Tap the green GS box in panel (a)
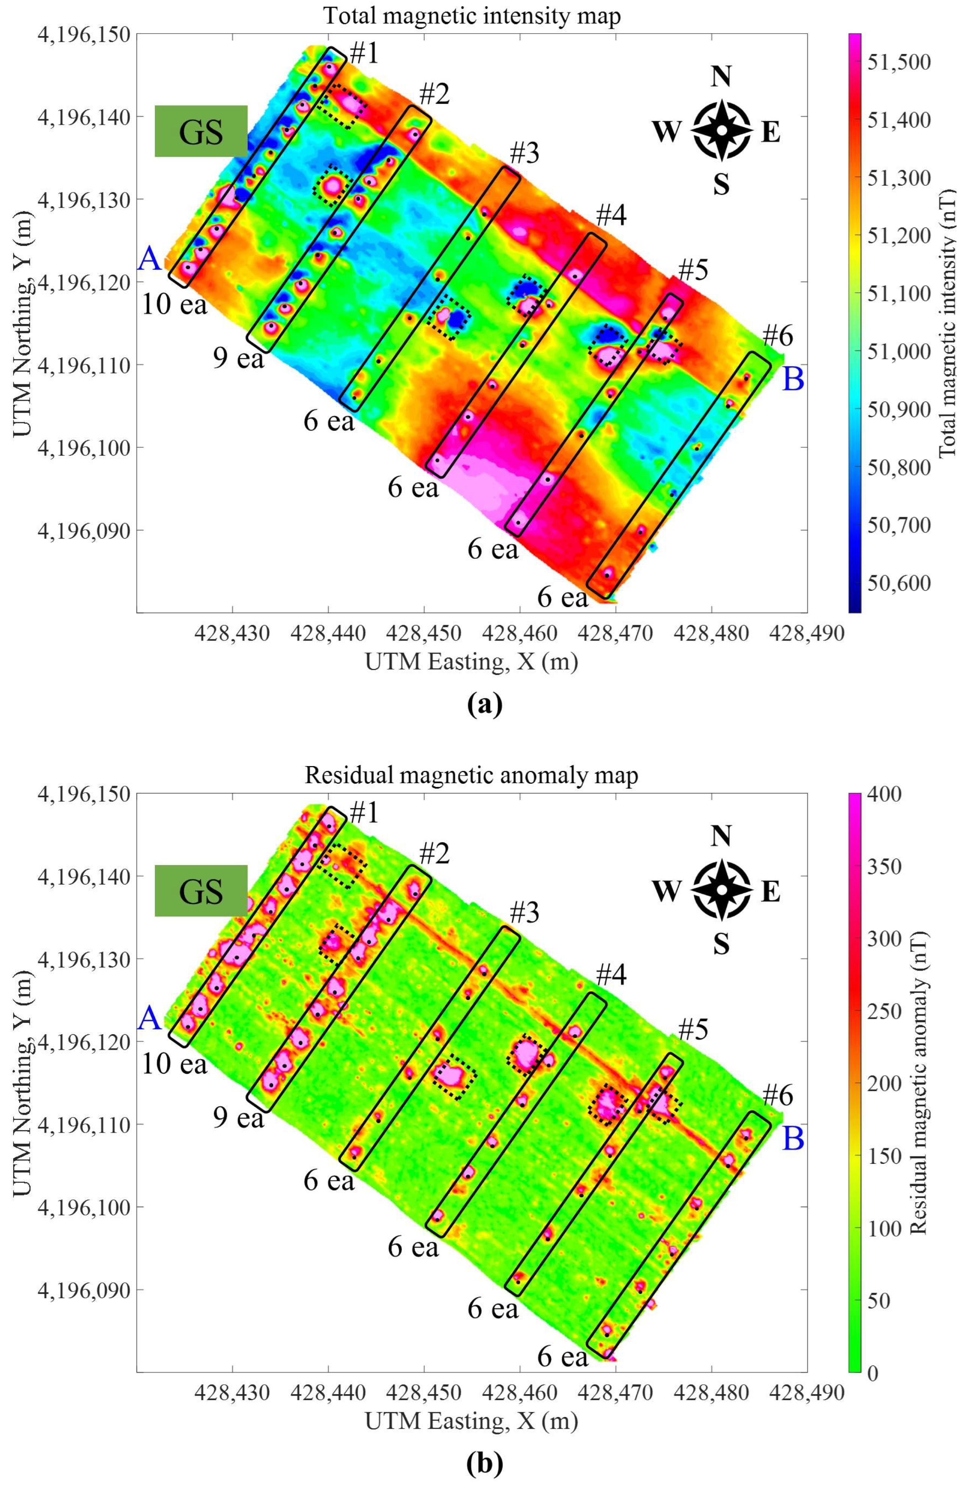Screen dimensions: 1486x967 (x=201, y=131)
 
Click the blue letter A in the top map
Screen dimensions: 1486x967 (x=149, y=258)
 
